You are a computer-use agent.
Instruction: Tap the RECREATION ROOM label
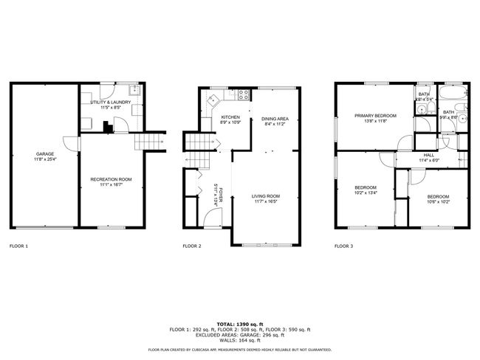pos(111,179)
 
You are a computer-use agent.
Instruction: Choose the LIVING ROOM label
pos(267,195)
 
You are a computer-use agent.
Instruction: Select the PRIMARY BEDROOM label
pos(375,115)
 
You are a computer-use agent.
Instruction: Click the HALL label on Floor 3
pos(428,155)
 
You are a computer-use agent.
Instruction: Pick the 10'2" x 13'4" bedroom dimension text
pos(366,193)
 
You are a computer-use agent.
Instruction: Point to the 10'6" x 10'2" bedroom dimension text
pos(439,201)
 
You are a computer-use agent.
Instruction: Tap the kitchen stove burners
pos(242,94)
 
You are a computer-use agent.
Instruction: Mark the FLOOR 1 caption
pos(18,246)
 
